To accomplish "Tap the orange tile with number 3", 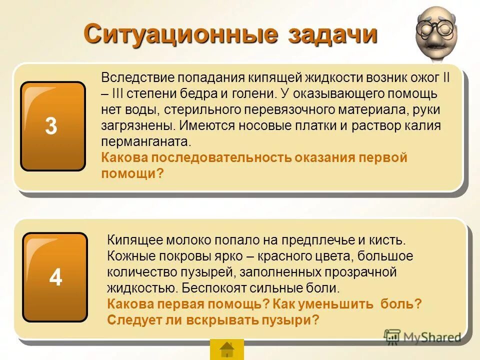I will point(52,126).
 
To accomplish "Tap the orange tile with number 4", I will point(55,277).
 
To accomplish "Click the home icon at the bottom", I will point(227,348).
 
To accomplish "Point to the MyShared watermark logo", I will point(422,337).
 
